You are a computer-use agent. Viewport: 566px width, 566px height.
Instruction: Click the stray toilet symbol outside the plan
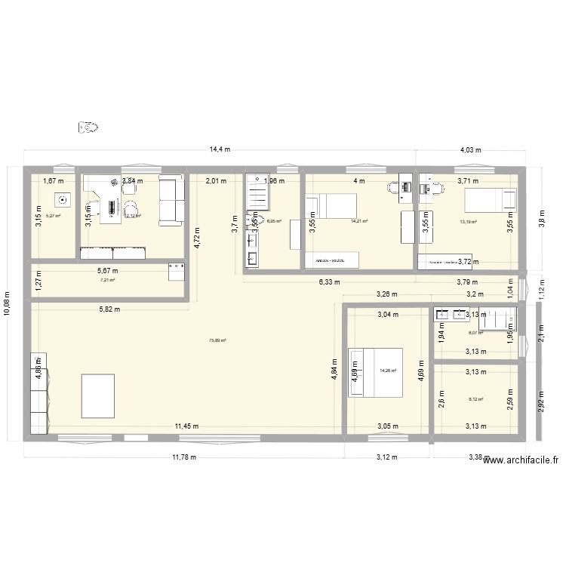coord(88,128)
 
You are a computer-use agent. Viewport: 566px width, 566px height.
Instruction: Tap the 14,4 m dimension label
coord(220,150)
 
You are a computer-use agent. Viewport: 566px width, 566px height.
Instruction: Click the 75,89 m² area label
coord(217,340)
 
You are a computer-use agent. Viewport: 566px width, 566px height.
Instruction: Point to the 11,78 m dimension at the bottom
coord(183,457)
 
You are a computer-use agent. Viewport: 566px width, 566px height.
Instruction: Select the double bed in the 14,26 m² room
coord(374,371)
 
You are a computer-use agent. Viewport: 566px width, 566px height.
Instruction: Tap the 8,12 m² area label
coord(475,400)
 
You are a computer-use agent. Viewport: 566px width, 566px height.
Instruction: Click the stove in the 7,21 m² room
coord(177,272)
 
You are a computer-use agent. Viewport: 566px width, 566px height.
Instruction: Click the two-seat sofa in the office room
coord(171,200)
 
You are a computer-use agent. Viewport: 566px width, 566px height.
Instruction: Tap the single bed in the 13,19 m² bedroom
coord(490,201)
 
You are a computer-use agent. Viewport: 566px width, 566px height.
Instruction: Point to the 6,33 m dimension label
coord(329,282)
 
